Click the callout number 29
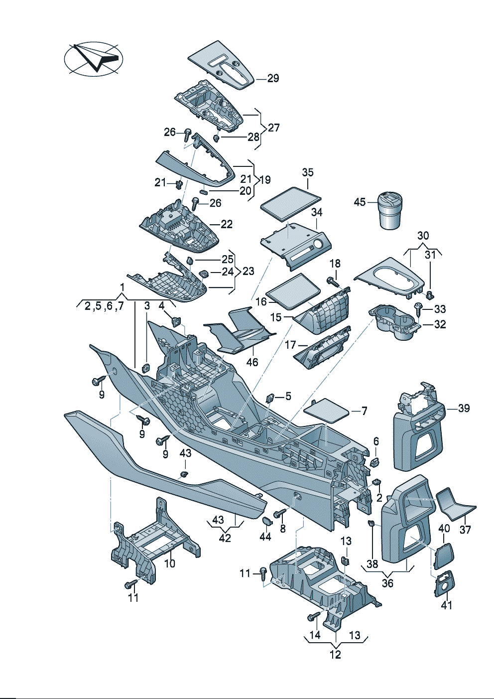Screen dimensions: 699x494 pyautogui.click(x=273, y=78)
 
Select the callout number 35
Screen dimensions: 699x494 pyautogui.click(x=308, y=172)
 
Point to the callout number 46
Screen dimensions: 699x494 pyautogui.click(x=252, y=362)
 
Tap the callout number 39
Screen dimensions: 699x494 pyautogui.click(x=464, y=408)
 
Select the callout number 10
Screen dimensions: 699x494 pyautogui.click(x=170, y=563)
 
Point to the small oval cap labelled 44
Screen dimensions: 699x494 pyautogui.click(x=267, y=521)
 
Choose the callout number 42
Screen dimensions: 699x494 pyautogui.click(x=225, y=538)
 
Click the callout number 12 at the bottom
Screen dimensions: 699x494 pyautogui.click(x=335, y=654)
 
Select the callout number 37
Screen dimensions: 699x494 pyautogui.click(x=465, y=529)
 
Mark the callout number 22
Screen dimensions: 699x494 pyautogui.click(x=227, y=224)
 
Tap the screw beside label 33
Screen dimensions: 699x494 pyautogui.click(x=418, y=310)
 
